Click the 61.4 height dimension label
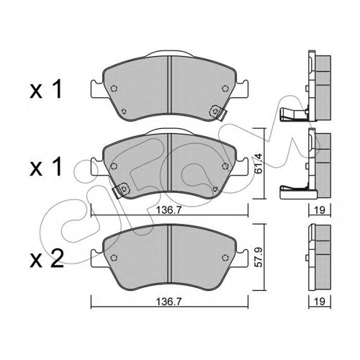[x=258, y=163]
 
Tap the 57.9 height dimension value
[x=258, y=258]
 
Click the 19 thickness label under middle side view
[x=320, y=210]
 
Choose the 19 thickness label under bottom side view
[x=320, y=302]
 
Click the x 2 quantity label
[x=47, y=258]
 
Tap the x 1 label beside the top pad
[x=45, y=89]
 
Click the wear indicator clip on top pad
[x=218, y=112]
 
